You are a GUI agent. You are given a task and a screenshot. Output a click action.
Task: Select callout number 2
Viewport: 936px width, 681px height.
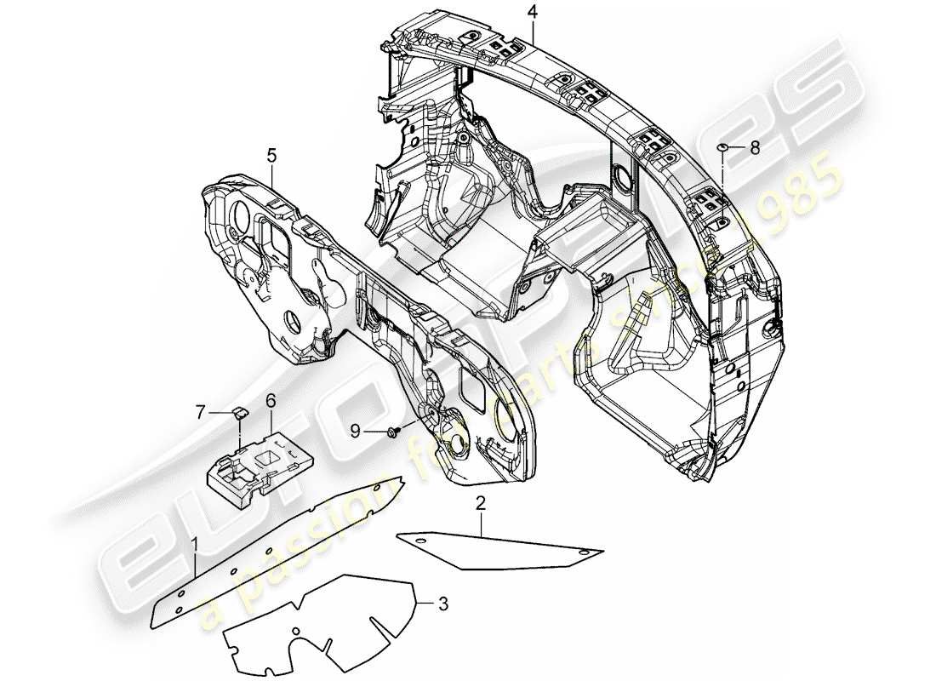coord(481,504)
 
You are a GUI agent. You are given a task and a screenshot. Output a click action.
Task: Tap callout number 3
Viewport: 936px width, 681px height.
coord(442,605)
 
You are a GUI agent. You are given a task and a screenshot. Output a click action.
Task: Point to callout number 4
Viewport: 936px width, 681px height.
coord(532,12)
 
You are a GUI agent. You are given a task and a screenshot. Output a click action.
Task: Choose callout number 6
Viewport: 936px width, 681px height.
coord(271,399)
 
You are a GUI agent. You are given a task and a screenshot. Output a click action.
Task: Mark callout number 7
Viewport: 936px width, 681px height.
coord(202,412)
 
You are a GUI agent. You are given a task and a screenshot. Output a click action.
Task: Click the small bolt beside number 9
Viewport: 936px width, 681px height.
coord(392,432)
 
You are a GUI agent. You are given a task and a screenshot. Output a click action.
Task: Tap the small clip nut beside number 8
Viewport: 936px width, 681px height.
coord(722,147)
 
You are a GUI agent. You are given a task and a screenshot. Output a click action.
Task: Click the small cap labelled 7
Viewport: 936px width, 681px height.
coord(239,414)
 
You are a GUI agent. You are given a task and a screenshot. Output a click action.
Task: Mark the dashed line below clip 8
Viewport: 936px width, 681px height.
coord(722,170)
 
